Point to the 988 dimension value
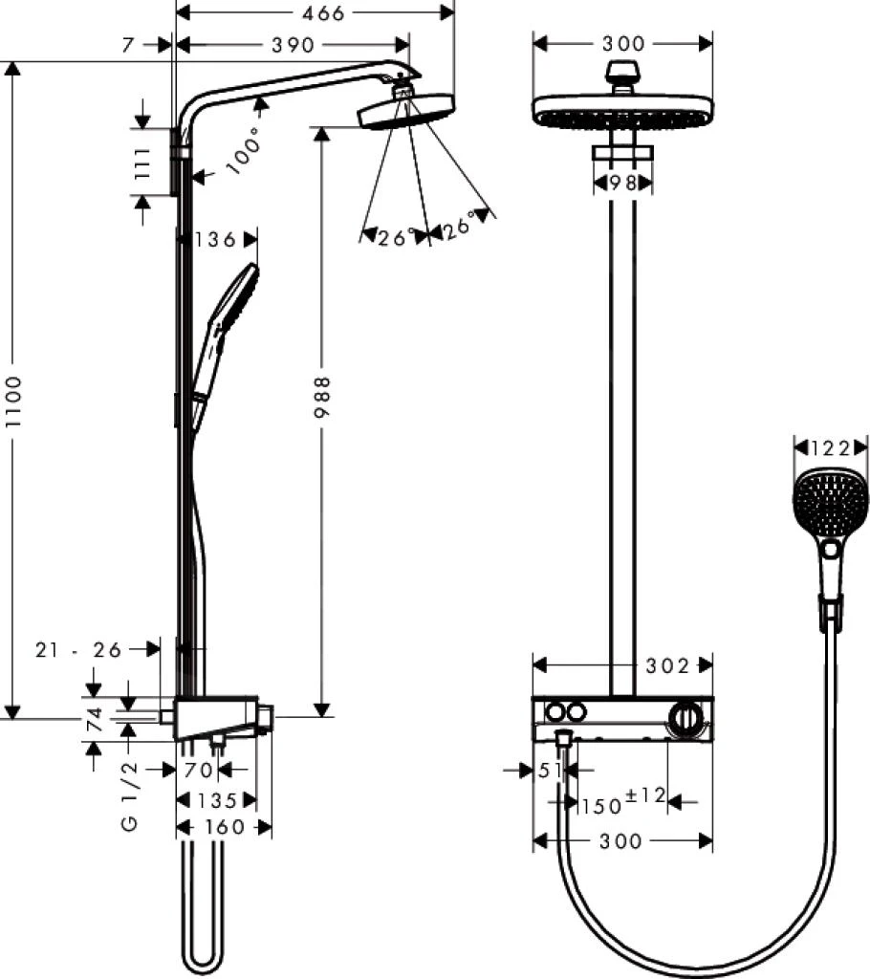coord(323,396)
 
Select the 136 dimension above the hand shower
coord(215,239)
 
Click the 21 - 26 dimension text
coord(79,649)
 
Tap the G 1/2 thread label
coord(130,794)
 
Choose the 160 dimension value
coord(226,827)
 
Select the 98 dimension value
coord(622,183)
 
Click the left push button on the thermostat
coord(553,712)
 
